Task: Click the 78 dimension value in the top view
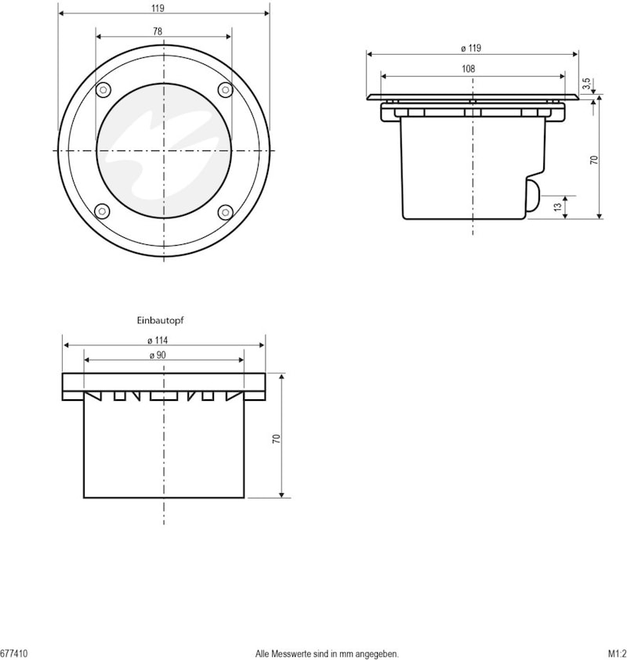click(x=158, y=31)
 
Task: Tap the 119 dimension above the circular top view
click(x=158, y=8)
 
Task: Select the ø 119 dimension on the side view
click(x=471, y=48)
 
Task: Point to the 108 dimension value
click(x=469, y=69)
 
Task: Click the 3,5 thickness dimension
click(x=586, y=83)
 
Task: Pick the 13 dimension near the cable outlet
click(x=557, y=207)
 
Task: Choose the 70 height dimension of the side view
click(x=594, y=160)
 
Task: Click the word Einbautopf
click(x=160, y=320)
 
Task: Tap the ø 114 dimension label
click(x=158, y=340)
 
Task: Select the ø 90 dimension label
click(x=158, y=355)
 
